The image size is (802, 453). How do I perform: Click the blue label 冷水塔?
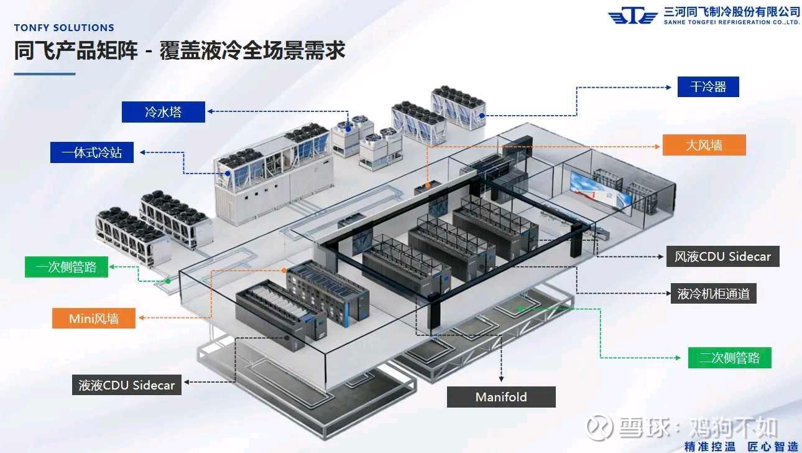point(164,112)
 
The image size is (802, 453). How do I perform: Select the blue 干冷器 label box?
point(708,86)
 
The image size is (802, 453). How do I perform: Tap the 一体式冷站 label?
point(92,152)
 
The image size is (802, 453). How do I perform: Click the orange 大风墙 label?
point(704,145)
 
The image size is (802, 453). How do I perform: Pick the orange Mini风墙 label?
point(94,319)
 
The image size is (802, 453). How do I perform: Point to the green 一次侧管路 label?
point(67,268)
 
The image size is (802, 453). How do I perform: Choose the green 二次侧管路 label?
point(729,358)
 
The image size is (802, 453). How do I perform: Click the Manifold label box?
point(501,397)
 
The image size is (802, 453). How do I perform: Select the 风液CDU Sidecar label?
point(722,256)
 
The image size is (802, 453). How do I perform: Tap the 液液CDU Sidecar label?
point(127,385)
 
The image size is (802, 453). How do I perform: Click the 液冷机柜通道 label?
point(713,294)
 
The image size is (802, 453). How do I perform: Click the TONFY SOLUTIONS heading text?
point(64,28)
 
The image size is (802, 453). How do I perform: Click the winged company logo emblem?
point(632,16)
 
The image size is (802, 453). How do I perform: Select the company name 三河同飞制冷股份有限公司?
point(731,11)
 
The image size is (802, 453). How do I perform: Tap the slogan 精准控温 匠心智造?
point(741,446)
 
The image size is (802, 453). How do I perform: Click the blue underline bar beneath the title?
point(45,74)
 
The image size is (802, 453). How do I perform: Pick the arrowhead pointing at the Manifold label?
point(501,378)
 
